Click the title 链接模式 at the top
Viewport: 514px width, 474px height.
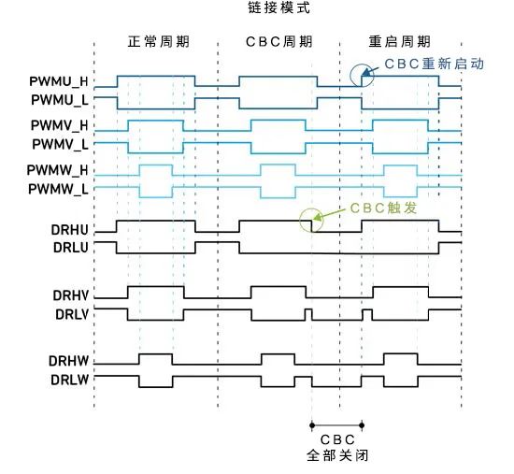point(279,7)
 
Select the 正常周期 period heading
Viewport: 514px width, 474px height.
point(159,42)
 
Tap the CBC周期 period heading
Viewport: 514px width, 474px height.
point(279,42)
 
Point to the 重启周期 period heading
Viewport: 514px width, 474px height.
point(400,42)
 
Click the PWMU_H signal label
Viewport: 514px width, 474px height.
point(59,81)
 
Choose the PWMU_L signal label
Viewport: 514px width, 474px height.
point(60,100)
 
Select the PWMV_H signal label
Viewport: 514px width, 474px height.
point(59,125)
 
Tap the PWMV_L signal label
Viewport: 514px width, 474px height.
point(60,144)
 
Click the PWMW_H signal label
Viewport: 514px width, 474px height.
point(57,170)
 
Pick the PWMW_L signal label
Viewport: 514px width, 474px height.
point(58,189)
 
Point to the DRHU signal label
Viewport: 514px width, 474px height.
point(69,230)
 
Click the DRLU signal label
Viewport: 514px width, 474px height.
point(71,248)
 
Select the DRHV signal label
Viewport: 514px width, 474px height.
point(70,295)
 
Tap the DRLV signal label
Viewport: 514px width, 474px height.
point(72,314)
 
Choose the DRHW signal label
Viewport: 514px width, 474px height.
point(68,361)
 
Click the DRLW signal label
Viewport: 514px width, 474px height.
point(69,380)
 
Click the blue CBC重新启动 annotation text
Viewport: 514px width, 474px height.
point(434,64)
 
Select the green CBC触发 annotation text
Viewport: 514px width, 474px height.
point(383,208)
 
